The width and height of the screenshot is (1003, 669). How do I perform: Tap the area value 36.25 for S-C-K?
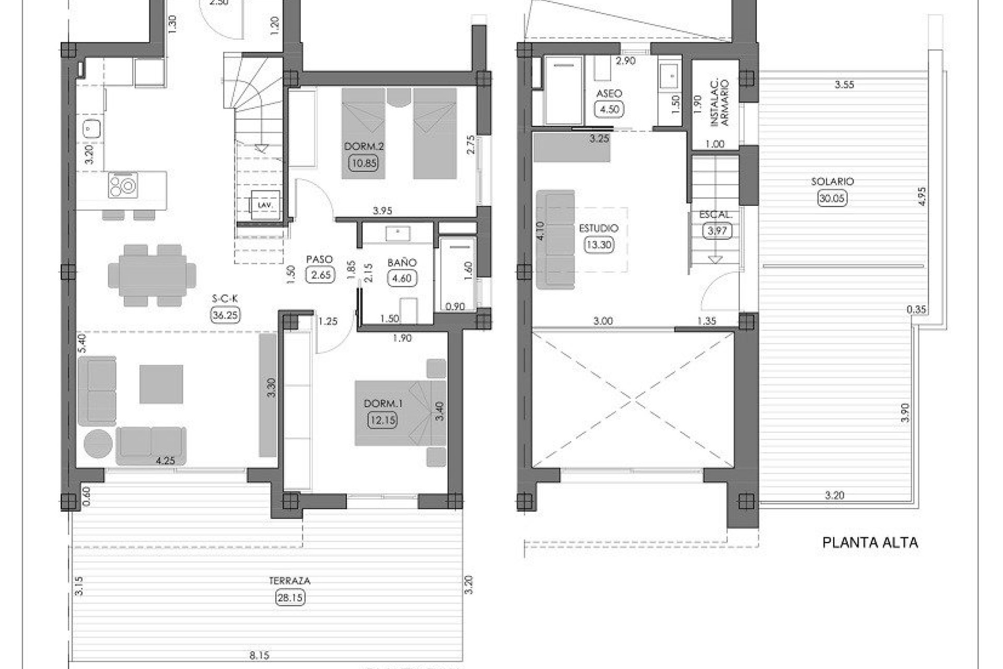click(225, 315)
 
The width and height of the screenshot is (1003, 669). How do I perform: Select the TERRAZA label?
click(289, 581)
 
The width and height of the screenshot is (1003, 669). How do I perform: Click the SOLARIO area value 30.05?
click(832, 198)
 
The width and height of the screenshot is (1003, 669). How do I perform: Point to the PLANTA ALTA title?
click(870, 543)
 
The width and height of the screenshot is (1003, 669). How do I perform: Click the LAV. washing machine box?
click(265, 205)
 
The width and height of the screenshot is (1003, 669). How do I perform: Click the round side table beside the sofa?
click(98, 444)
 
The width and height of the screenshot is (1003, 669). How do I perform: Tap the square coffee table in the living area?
click(161, 384)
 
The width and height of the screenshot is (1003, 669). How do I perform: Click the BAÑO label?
click(401, 263)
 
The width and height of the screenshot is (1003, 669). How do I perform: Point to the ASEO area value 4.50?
click(609, 109)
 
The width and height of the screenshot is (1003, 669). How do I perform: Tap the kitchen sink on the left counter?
click(91, 128)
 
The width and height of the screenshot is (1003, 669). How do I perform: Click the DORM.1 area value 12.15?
click(382, 420)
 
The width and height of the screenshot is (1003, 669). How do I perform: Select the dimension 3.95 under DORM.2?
click(382, 211)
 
